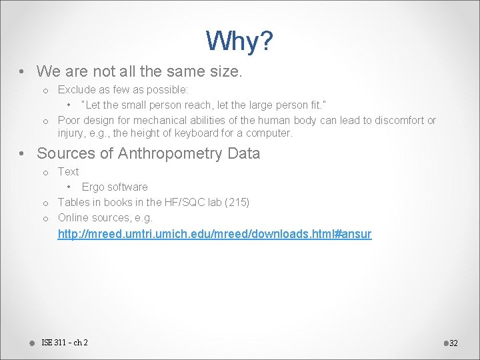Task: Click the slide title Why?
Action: coord(239,41)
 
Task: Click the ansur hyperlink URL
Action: coord(215,234)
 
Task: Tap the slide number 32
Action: coord(453,343)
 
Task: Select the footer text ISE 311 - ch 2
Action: coord(65,343)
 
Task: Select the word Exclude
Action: coord(76,89)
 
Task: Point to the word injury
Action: coord(71,133)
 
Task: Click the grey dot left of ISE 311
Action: coord(32,343)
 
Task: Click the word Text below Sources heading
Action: coord(68,171)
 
